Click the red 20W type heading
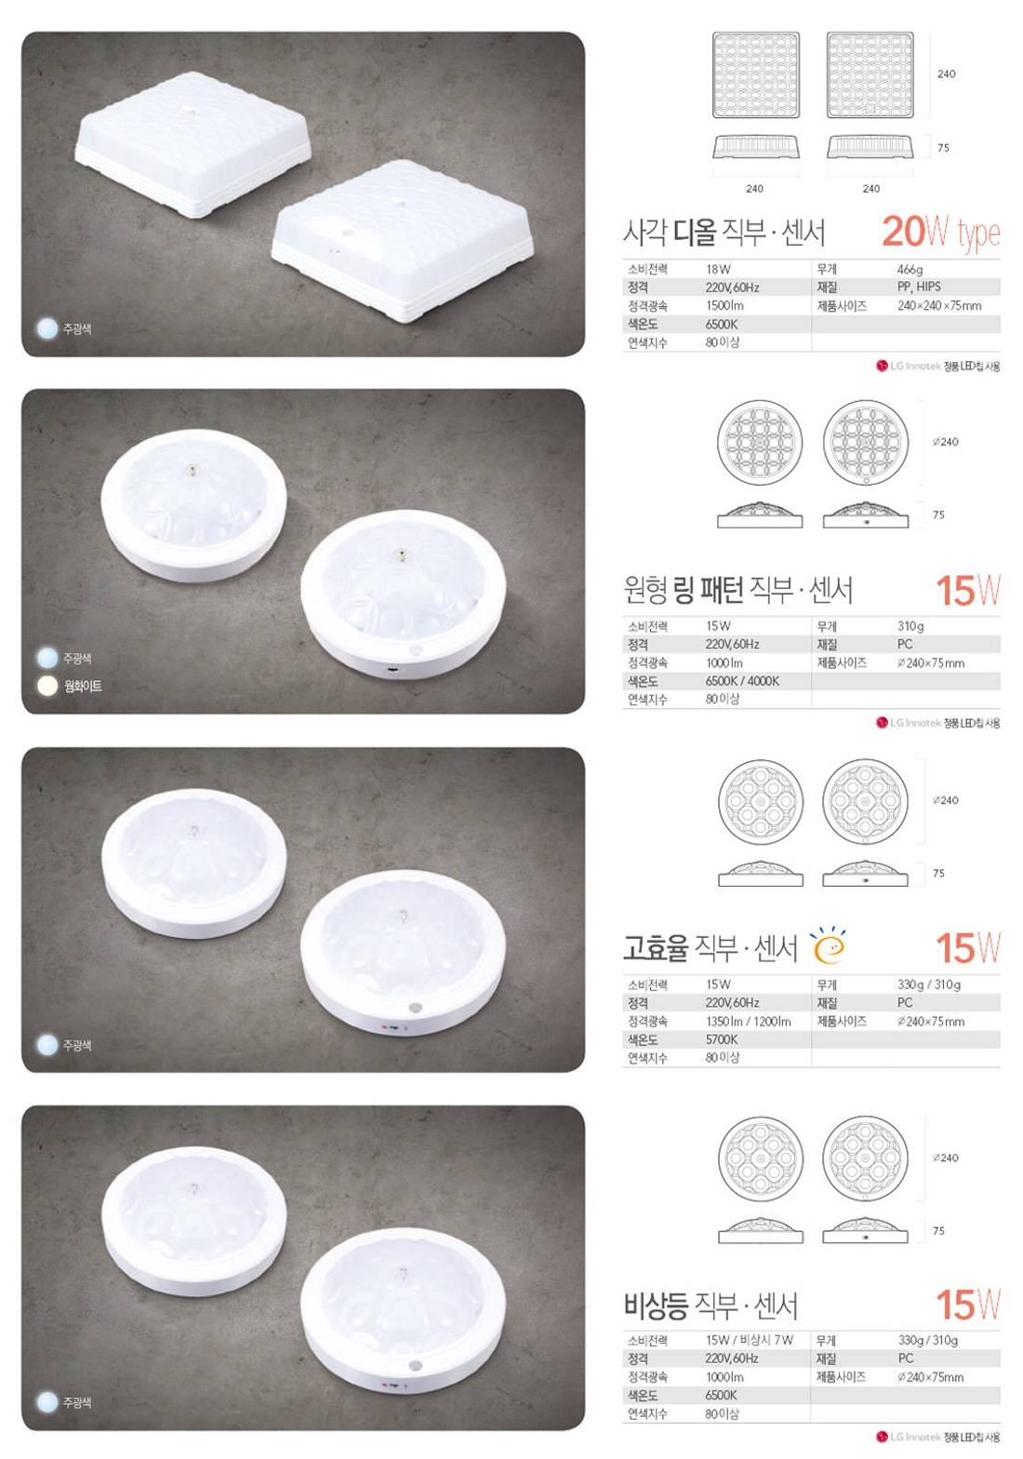pyautogui.click(x=940, y=232)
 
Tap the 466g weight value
pyautogui.click(x=910, y=269)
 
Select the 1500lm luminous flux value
pyautogui.click(x=724, y=305)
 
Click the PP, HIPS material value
pyautogui.click(x=919, y=287)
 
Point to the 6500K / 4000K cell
pyautogui.click(x=742, y=681)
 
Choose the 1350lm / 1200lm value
pyautogui.click(x=749, y=1022)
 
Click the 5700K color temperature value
pyautogui.click(x=722, y=1039)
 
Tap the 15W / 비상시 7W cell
pyautogui.click(x=750, y=1340)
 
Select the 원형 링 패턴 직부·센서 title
pyautogui.click(x=737, y=590)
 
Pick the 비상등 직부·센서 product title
pyautogui.click(x=711, y=1305)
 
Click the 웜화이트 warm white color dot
pyautogui.click(x=46, y=687)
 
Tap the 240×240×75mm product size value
pyautogui.click(x=939, y=305)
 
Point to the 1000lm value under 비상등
pyautogui.click(x=724, y=1377)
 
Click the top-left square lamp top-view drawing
pyautogui.click(x=755, y=74)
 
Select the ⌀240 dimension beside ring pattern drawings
pyautogui.click(x=946, y=442)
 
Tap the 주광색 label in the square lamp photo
pyautogui.click(x=77, y=329)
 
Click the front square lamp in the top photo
pyautogui.click(x=402, y=241)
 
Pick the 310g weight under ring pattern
pyautogui.click(x=910, y=626)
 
